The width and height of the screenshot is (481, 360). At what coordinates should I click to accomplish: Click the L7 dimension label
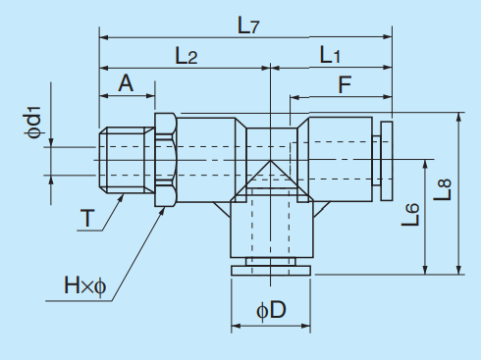click(x=247, y=26)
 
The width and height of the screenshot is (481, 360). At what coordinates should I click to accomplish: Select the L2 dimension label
click(x=187, y=56)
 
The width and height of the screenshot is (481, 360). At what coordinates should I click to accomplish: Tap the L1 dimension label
click(x=330, y=56)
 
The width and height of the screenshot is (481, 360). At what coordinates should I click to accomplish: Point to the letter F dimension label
click(x=345, y=86)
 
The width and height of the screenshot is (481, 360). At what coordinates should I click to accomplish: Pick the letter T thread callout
click(x=89, y=219)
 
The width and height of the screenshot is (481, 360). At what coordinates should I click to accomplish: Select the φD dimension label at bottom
click(x=270, y=312)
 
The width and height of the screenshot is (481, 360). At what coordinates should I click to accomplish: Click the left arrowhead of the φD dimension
click(x=235, y=325)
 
